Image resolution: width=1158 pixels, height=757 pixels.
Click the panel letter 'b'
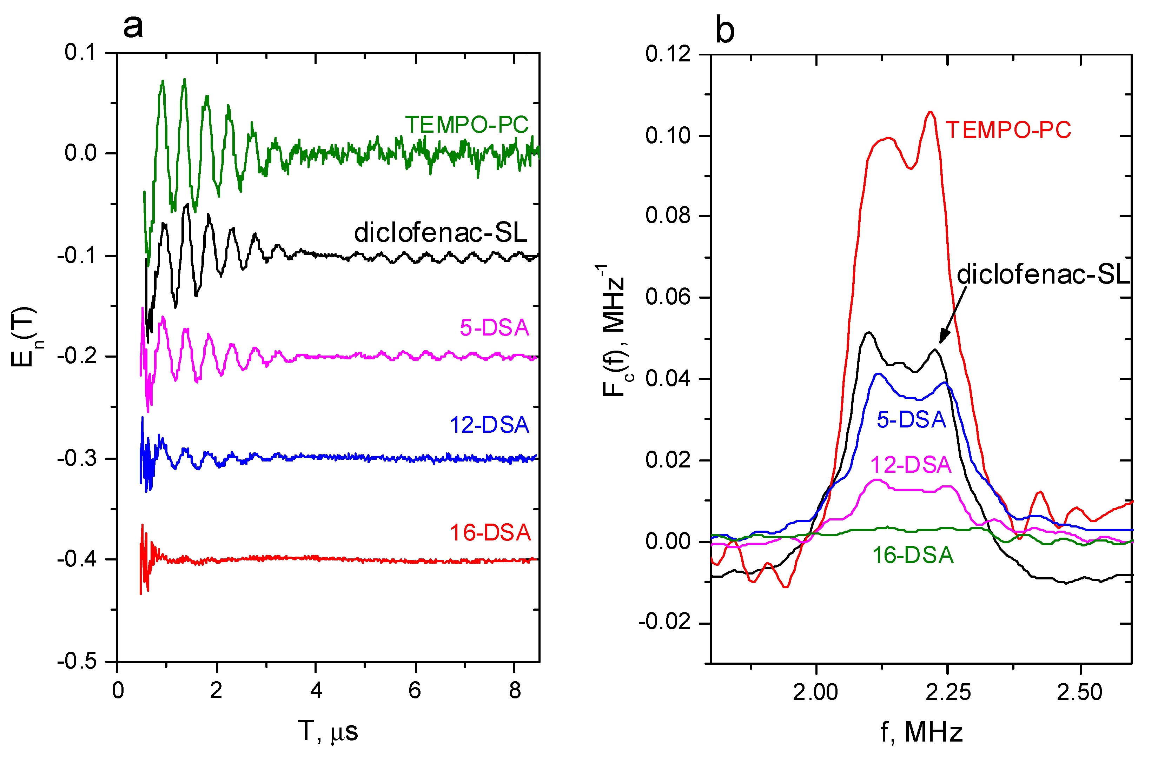(x=724, y=30)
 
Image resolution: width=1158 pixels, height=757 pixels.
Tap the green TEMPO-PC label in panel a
(x=466, y=125)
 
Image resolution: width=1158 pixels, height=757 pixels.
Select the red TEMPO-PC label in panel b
(x=1008, y=130)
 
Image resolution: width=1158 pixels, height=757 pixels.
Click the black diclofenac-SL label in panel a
(x=440, y=233)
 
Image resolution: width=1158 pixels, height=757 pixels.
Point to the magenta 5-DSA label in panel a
(x=494, y=327)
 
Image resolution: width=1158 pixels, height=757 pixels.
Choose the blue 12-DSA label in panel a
(x=489, y=425)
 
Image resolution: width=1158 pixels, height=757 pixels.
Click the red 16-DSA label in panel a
(x=490, y=533)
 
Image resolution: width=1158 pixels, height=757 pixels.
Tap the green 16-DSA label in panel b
(x=913, y=556)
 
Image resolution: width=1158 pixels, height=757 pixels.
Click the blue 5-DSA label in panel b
(x=911, y=419)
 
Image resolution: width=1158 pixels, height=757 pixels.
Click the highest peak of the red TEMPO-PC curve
(x=930, y=112)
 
